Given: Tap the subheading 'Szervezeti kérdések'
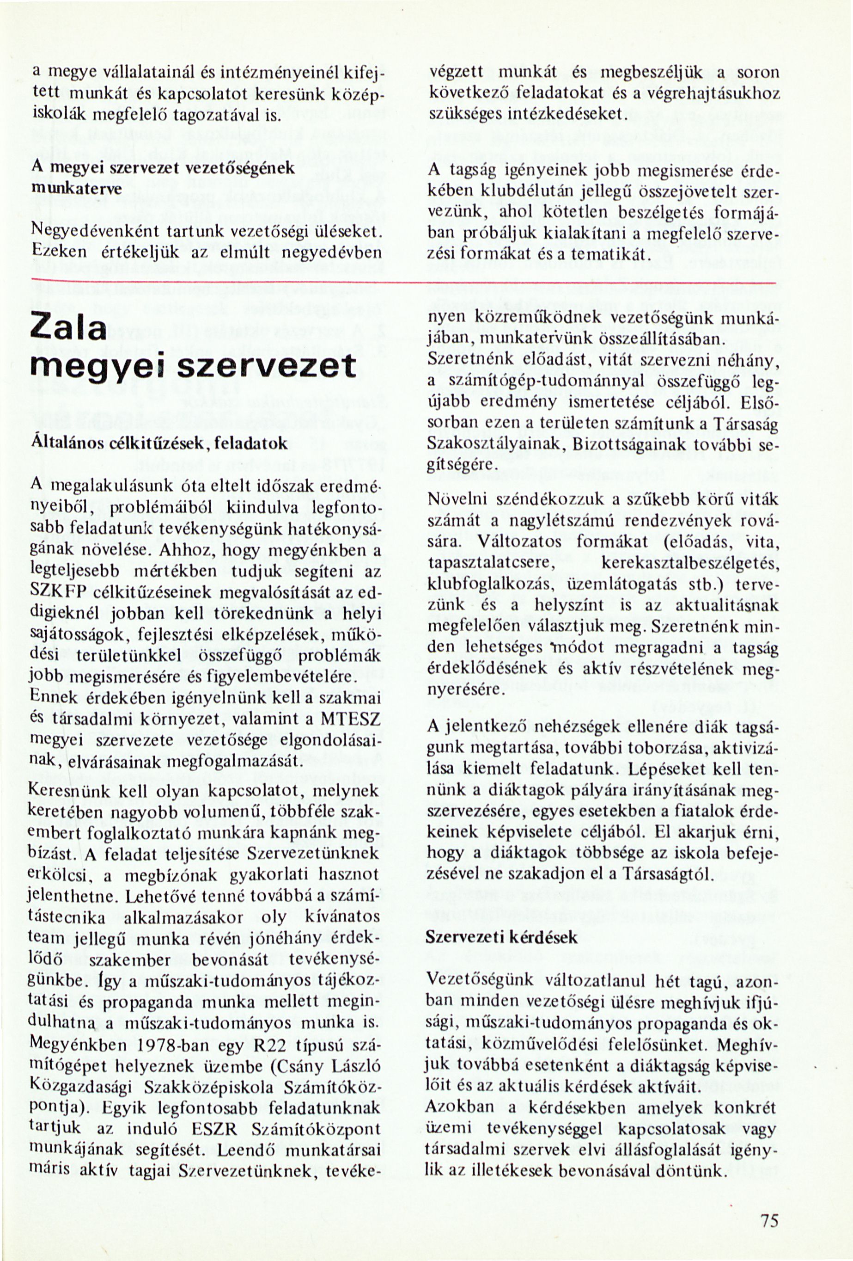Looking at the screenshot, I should [x=502, y=937].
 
